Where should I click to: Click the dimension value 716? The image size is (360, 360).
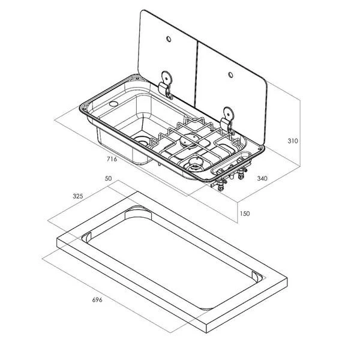pos(112,159)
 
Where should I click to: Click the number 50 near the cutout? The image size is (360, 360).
pos(108,179)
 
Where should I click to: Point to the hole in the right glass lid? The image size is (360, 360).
pos(230,74)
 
